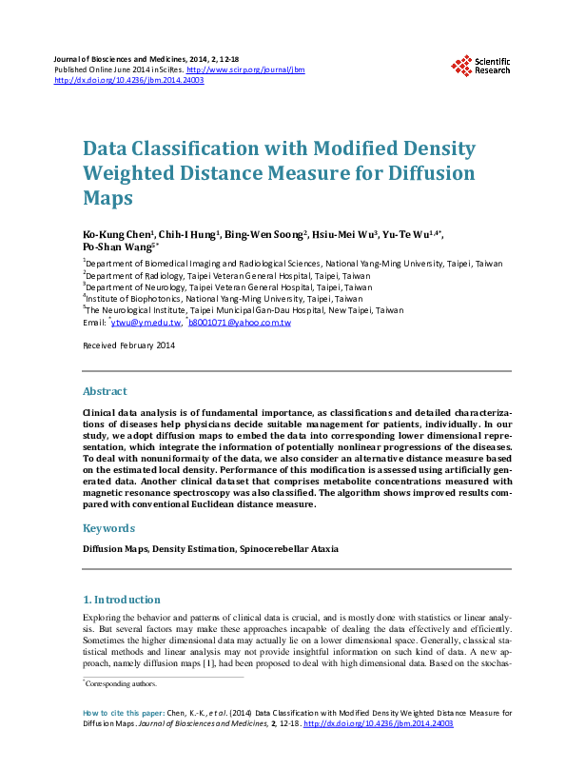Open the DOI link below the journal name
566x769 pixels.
[x=129, y=81]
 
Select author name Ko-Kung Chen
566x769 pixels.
[x=108, y=234]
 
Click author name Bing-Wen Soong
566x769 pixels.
[x=269, y=234]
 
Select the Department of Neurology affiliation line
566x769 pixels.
[x=228, y=286]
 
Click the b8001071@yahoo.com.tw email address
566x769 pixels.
[x=240, y=323]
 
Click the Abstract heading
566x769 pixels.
[x=105, y=391]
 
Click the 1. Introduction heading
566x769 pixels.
[x=122, y=600]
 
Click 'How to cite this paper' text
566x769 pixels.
[x=124, y=712]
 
